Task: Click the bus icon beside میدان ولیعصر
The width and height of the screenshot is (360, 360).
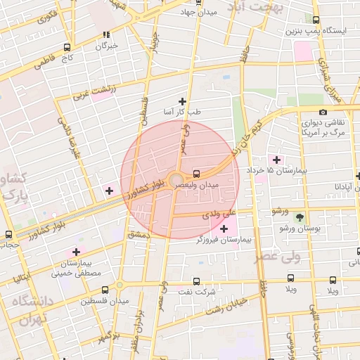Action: pos(196,172)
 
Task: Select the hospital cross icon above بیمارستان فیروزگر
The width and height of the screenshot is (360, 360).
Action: pos(224,229)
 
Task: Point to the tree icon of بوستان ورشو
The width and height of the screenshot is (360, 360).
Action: pos(301,217)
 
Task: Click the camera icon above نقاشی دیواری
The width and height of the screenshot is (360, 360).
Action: pos(323,112)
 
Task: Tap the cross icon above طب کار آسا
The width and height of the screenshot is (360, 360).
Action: pos(183,101)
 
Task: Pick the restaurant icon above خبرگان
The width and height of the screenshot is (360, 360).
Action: pos(106,34)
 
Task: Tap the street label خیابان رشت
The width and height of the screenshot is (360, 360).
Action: pos(227,304)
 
